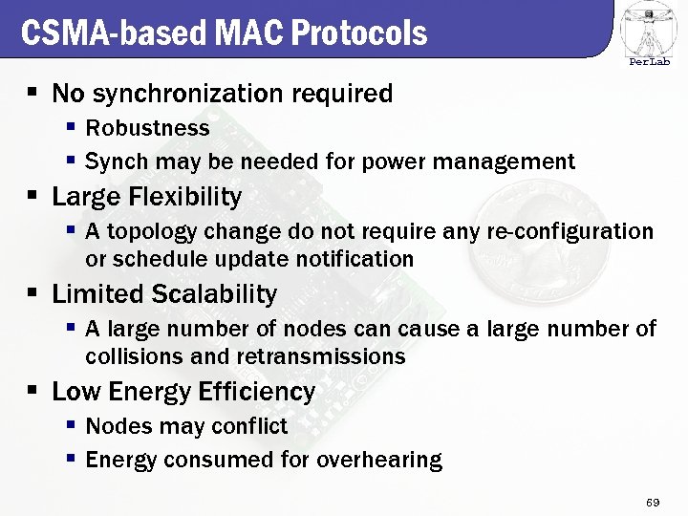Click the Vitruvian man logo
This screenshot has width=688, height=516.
[x=648, y=29]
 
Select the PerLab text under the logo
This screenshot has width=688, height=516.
[x=649, y=62]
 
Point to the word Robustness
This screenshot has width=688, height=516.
[x=147, y=128]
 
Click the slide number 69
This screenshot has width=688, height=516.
[x=654, y=502]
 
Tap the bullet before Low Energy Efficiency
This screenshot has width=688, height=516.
[x=32, y=391]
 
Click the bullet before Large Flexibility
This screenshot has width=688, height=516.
[x=32, y=196]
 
